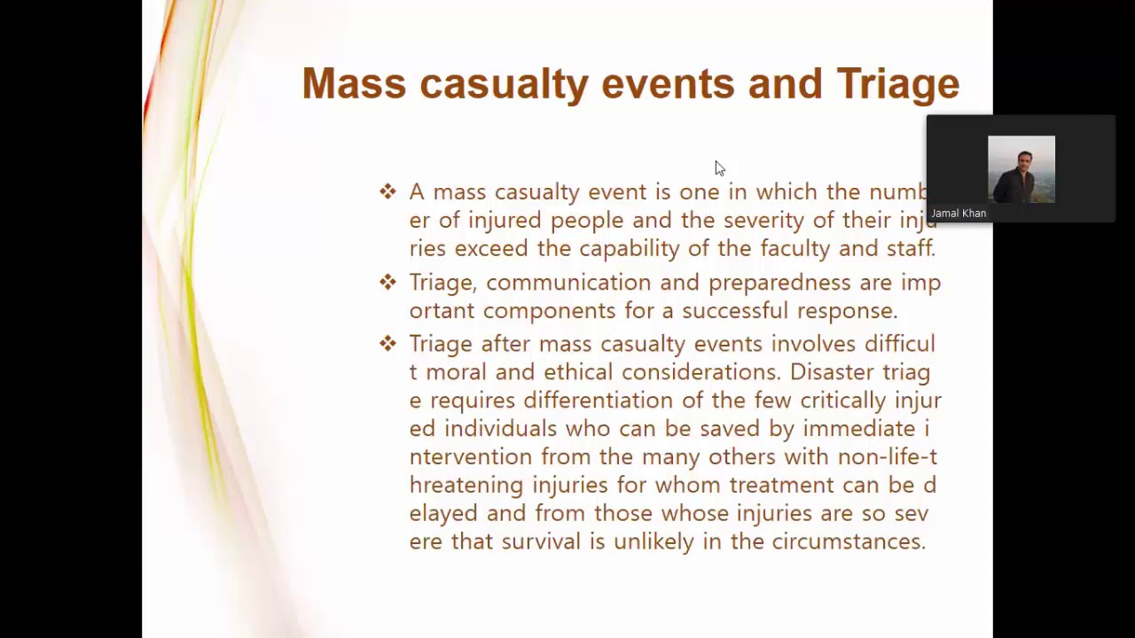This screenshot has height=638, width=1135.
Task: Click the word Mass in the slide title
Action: coord(353,84)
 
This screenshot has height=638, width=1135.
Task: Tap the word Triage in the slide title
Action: coord(897,84)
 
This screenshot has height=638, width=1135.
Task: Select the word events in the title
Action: coord(667,84)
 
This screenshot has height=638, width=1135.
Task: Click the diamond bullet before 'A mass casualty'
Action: coord(387,191)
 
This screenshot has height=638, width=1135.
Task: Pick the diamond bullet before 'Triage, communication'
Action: coord(387,282)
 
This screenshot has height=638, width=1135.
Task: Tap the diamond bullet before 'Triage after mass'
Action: coord(387,343)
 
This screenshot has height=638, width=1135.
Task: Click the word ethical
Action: coord(578,372)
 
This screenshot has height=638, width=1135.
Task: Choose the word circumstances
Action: coord(848,541)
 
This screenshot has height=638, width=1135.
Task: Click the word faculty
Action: coord(795,248)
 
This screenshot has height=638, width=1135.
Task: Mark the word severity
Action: coord(763,220)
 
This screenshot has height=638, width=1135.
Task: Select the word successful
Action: coord(734,311)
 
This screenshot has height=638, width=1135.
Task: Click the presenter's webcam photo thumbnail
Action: coord(1021,169)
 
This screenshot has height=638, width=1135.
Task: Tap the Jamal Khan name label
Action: coord(959,214)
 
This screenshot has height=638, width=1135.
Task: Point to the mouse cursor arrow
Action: coord(719,168)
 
